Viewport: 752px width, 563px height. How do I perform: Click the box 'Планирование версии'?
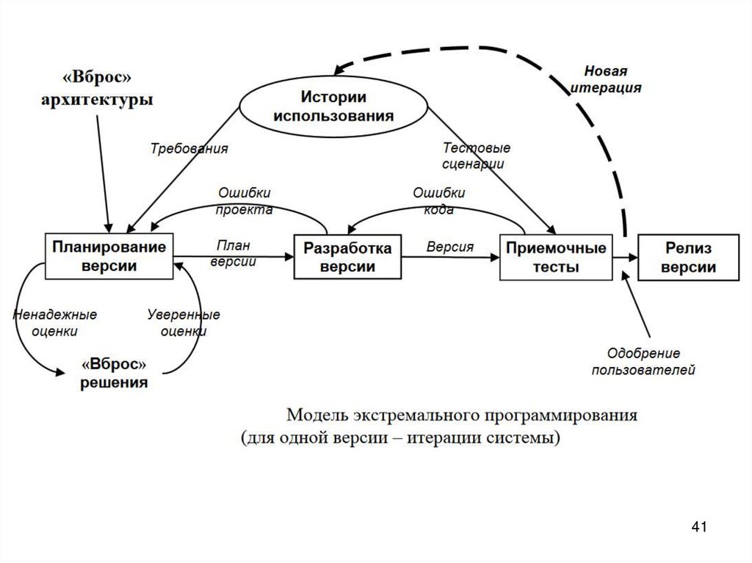[x=109, y=256]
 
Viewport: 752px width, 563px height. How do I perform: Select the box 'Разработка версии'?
[x=348, y=257]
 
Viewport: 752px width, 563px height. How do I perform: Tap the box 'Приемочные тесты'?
[x=555, y=257]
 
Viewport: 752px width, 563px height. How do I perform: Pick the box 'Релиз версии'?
[x=687, y=257]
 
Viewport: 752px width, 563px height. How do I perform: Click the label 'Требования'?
[x=189, y=148]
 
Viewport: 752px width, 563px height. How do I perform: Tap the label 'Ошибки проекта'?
[x=245, y=200]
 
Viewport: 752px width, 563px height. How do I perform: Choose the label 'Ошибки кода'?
[x=438, y=200]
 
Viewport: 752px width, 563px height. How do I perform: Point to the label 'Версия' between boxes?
[x=449, y=247]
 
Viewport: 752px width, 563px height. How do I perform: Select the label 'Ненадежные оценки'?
[x=55, y=323]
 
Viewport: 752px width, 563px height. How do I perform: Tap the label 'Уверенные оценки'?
[x=184, y=323]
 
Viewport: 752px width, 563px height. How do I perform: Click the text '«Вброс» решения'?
[x=114, y=374]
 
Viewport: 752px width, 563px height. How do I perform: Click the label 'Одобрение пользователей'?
[x=643, y=362]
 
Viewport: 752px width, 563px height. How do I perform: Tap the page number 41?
[x=699, y=526]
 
